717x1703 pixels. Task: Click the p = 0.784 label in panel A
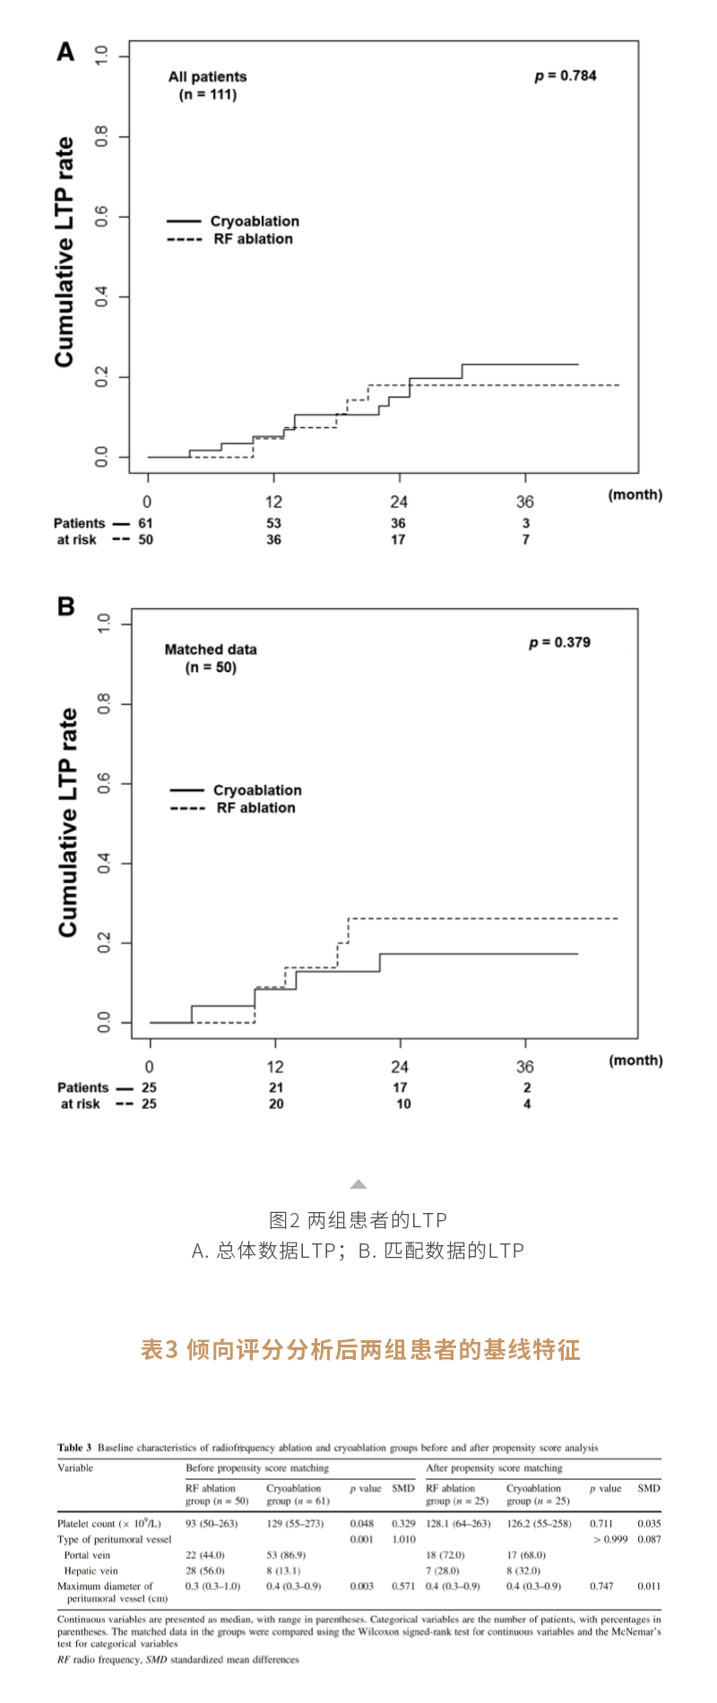tap(565, 76)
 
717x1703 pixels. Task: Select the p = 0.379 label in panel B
tap(559, 642)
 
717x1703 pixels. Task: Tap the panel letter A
tap(65, 52)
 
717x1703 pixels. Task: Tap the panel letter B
tap(65, 606)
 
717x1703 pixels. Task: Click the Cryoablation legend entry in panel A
tap(255, 221)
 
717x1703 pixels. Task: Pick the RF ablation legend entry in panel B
tap(255, 807)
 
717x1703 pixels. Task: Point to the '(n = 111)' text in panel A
tap(208, 94)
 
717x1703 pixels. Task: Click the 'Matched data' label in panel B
tap(211, 649)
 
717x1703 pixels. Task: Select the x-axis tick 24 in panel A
tap(398, 502)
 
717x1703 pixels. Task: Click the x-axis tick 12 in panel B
tap(275, 1067)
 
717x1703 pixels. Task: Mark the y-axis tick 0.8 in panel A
tap(101, 136)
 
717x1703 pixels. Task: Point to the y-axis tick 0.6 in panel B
tap(104, 784)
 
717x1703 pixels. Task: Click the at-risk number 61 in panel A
tap(145, 523)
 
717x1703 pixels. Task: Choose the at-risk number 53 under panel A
tap(273, 523)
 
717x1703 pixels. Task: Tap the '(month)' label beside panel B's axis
tap(635, 1060)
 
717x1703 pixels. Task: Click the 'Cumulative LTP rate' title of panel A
tap(65, 252)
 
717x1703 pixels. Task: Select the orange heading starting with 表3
tap(360, 1349)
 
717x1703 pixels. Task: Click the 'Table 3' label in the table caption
tap(74, 1447)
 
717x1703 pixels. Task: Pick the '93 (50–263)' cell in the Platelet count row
tap(212, 1523)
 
